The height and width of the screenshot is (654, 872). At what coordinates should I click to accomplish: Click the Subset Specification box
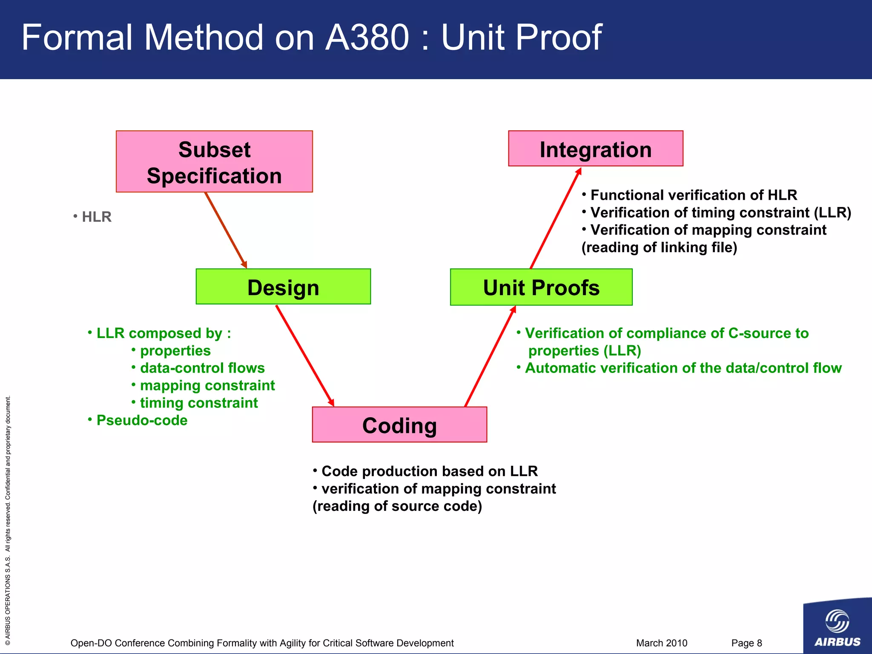(214, 162)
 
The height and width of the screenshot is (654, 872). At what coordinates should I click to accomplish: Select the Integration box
(595, 149)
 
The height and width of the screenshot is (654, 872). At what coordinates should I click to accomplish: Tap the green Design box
(283, 287)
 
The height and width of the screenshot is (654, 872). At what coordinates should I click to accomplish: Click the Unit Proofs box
(541, 287)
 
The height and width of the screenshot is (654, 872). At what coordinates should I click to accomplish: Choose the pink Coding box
(399, 425)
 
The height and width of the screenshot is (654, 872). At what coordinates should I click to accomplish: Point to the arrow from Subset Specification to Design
(226, 230)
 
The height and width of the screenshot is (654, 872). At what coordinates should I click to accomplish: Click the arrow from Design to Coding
(305, 356)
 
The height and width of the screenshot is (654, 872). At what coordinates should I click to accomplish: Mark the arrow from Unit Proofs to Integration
(556, 218)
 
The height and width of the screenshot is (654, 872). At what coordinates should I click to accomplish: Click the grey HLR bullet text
(92, 217)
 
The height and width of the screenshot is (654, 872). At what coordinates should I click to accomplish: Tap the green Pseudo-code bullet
(138, 420)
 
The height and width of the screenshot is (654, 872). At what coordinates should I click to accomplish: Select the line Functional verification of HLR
(690, 195)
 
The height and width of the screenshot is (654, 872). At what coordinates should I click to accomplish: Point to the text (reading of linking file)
(659, 247)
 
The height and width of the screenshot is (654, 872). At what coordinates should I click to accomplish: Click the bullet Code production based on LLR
(425, 471)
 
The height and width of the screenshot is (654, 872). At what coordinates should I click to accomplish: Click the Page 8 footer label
(746, 643)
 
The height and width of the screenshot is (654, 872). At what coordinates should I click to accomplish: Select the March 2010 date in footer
(661, 643)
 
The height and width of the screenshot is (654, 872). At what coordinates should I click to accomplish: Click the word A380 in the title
(367, 37)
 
